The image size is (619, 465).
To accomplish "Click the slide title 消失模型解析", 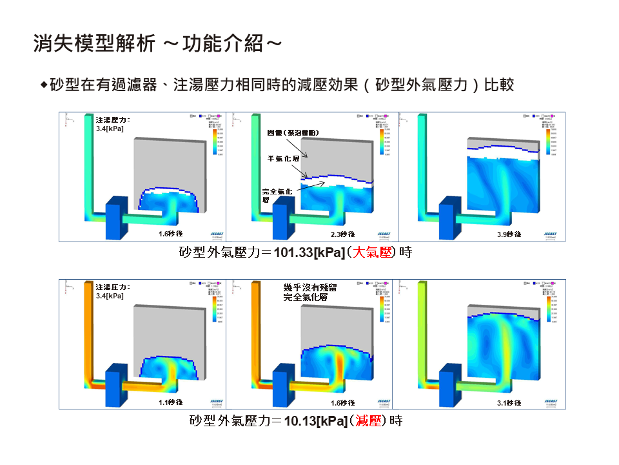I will click(94, 44).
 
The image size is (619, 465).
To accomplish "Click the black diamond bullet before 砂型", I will click(44, 85).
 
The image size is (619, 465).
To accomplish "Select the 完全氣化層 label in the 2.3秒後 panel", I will click(278, 196).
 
